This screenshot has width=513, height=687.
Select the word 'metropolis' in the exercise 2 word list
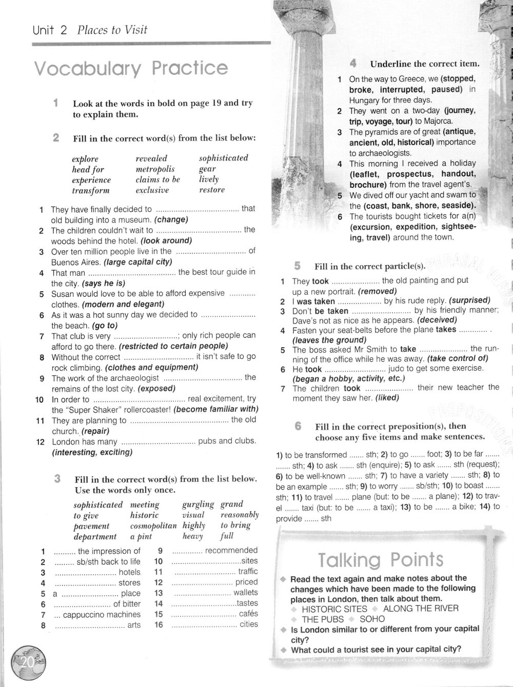pyautogui.click(x=155, y=169)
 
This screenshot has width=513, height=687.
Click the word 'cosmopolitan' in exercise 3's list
pyautogui.click(x=153, y=526)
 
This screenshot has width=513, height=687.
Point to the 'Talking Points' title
pyautogui.click(x=380, y=560)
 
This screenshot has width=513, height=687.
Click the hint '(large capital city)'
pyautogui.click(x=137, y=262)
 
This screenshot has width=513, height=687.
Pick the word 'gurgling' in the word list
pyautogui.click(x=198, y=504)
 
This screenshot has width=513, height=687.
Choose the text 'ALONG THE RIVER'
pyautogui.click(x=421, y=609)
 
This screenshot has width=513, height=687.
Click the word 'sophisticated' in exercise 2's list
pyautogui.click(x=223, y=158)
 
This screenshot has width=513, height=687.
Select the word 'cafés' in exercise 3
pyautogui.click(x=248, y=614)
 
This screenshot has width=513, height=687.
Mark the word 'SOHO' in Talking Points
pyautogui.click(x=372, y=619)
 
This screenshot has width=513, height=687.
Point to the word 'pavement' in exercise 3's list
pyautogui.click(x=92, y=526)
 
